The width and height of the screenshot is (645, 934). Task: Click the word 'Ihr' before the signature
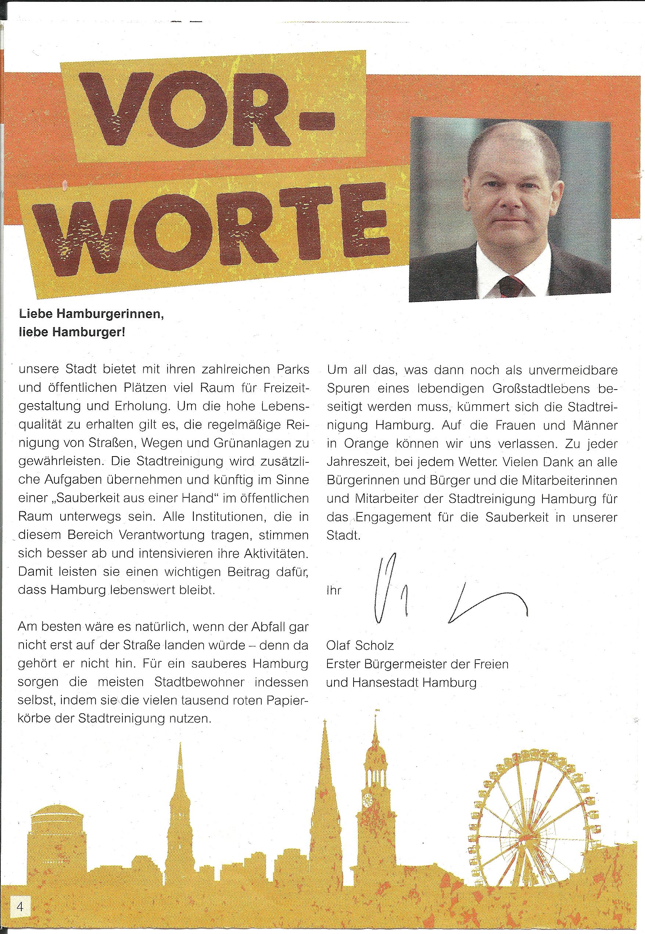(x=334, y=590)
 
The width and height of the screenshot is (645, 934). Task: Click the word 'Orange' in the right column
(x=366, y=443)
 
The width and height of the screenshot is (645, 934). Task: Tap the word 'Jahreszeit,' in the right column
(x=357, y=462)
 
